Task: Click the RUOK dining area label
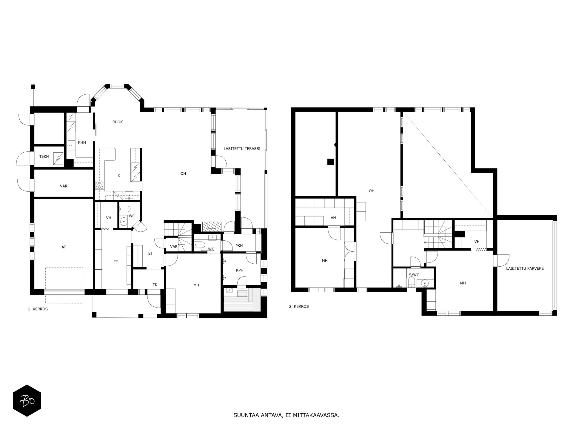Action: click(x=118, y=122)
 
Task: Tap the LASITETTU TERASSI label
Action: click(x=242, y=148)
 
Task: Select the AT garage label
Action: click(x=64, y=247)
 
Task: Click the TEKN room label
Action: click(x=44, y=156)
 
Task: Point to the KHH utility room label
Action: click(x=82, y=142)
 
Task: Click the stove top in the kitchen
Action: click(x=100, y=185)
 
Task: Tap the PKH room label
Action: click(x=239, y=246)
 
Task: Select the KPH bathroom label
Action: click(x=240, y=270)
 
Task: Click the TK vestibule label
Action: click(x=155, y=285)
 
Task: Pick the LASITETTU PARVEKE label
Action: click(x=525, y=268)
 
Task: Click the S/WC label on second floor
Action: click(x=414, y=275)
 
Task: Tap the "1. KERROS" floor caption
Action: click(x=38, y=309)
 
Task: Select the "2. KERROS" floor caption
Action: click(x=299, y=306)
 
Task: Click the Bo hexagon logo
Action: click(x=27, y=400)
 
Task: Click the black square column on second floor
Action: click(x=330, y=162)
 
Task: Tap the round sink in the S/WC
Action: click(x=424, y=283)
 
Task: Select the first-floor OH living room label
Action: click(x=183, y=173)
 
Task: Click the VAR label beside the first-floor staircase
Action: click(x=174, y=247)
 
